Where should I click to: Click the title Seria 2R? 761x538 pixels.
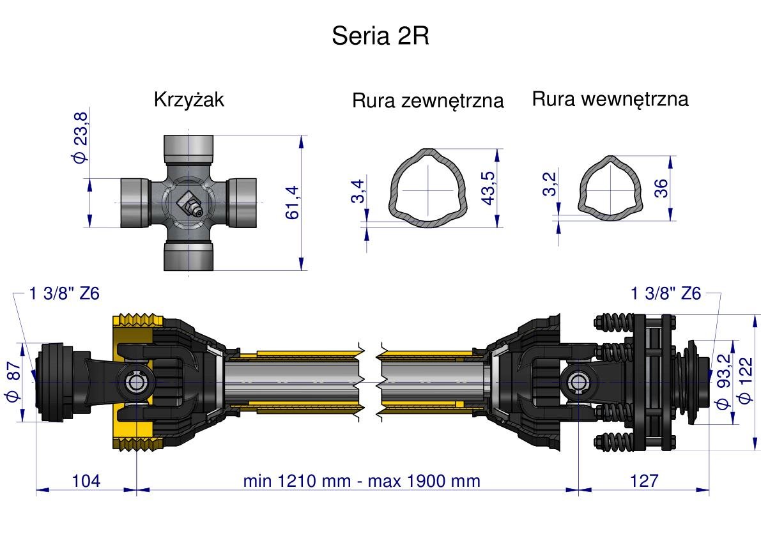point(380,36)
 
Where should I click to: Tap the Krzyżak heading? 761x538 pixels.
point(189,100)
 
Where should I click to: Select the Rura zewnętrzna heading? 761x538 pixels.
point(427,101)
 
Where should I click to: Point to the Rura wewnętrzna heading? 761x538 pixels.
point(610,99)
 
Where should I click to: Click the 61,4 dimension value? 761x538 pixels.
point(292,203)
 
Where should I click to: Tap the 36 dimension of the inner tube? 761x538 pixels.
point(661,188)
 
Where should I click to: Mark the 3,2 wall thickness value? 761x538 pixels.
point(550,184)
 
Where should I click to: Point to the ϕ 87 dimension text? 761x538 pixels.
point(12,382)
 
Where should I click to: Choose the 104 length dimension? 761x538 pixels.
point(86,480)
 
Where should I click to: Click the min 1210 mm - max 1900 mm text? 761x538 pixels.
point(361,480)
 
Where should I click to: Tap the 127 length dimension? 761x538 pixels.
point(643,480)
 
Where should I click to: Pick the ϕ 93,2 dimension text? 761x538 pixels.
point(723,382)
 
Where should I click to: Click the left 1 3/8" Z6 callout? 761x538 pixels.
point(65,293)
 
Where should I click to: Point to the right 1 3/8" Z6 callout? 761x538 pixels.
point(666,293)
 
